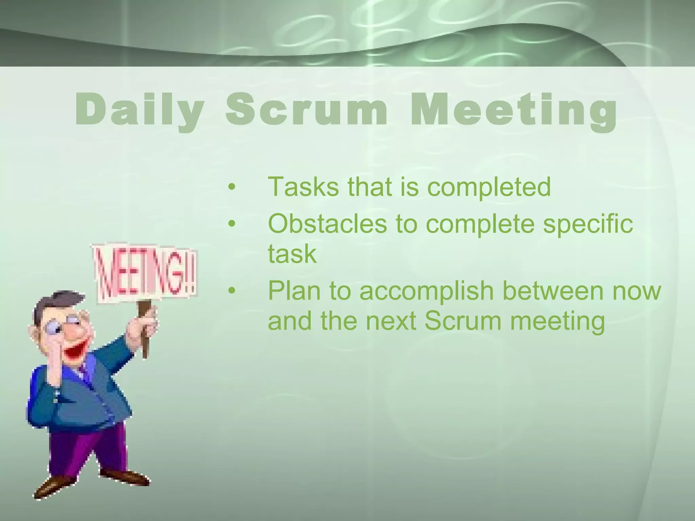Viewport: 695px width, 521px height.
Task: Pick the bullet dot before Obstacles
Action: point(232,224)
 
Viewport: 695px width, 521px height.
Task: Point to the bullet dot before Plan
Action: point(232,291)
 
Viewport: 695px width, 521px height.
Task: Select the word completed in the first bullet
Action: point(489,187)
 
